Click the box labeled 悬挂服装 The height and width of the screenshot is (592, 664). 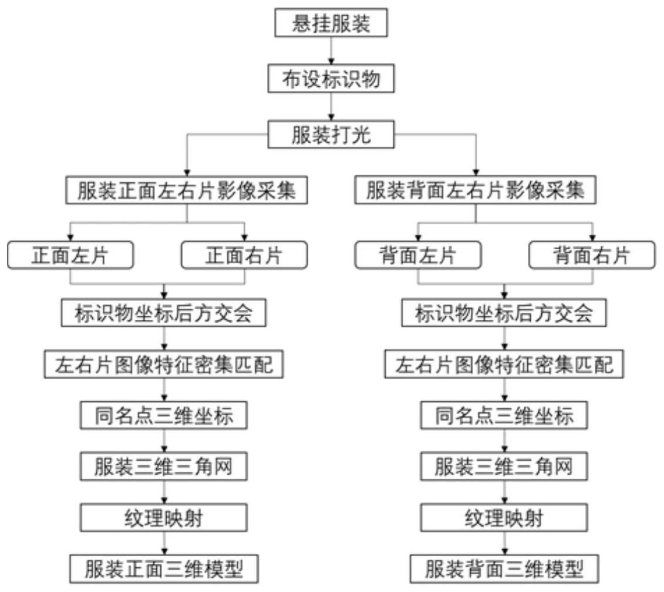[x=331, y=22]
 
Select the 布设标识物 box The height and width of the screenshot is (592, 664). [x=331, y=79]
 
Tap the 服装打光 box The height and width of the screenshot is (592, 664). [x=331, y=134]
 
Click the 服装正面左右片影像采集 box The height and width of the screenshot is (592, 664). [x=186, y=190]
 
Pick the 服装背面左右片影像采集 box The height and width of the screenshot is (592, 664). [x=476, y=190]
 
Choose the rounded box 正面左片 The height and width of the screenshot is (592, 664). [x=70, y=255]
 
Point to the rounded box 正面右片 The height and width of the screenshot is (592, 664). [x=244, y=255]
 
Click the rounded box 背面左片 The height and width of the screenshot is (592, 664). [x=418, y=255]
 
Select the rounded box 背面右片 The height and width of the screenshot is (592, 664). [x=592, y=255]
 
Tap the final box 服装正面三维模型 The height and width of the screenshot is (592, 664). [x=164, y=569]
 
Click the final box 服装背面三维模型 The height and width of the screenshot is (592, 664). [x=504, y=569]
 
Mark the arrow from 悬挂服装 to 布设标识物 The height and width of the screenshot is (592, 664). [x=331, y=51]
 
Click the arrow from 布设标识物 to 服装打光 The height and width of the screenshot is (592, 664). [x=331, y=107]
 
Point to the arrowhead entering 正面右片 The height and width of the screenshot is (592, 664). [x=244, y=238]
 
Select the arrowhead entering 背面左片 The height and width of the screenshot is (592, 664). [x=418, y=238]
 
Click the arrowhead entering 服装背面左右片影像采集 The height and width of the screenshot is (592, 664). [x=476, y=172]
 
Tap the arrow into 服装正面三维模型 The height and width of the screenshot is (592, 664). [x=164, y=543]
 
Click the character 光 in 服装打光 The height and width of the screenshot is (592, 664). [x=361, y=135]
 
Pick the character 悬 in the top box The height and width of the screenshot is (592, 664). [x=301, y=23]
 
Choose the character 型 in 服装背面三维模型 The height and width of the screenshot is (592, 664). [x=574, y=569]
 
